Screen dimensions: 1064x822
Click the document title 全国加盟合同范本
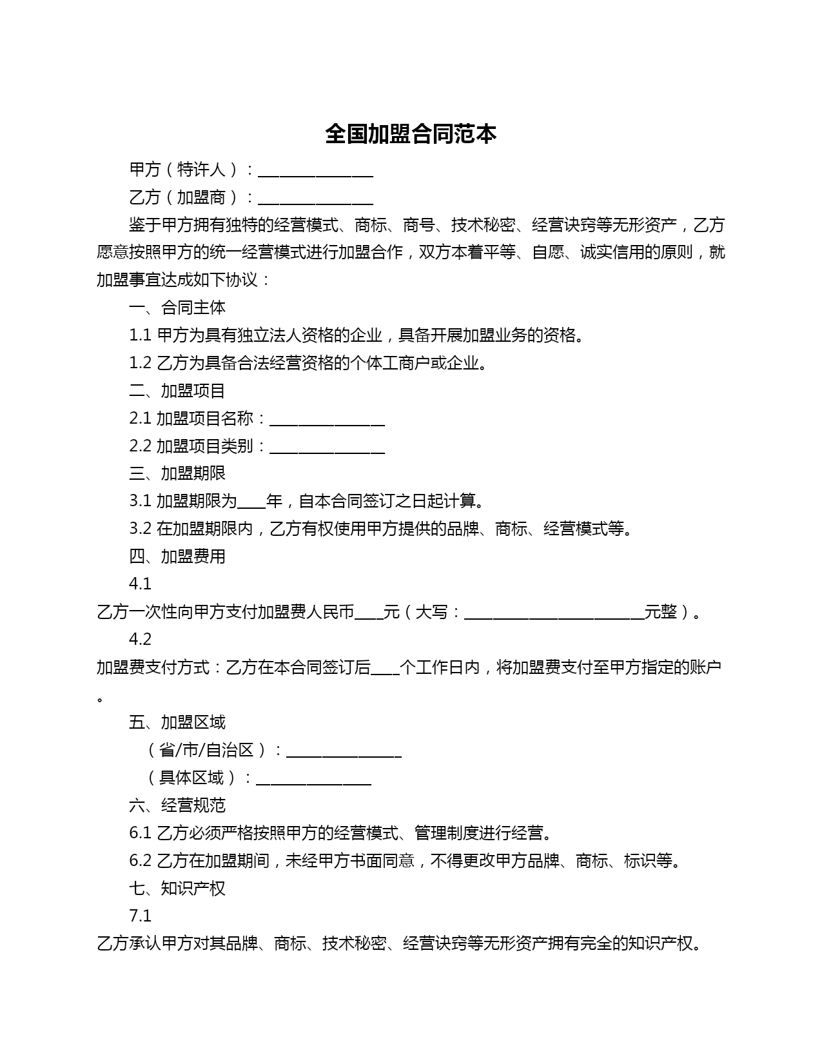coord(411,134)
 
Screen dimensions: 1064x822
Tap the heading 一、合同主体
coord(177,308)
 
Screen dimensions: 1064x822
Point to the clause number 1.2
coord(140,363)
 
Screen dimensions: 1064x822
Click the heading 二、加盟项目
coord(177,391)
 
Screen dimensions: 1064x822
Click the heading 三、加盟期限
coord(177,473)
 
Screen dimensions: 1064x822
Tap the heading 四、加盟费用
coord(177,557)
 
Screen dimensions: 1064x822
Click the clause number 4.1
coord(140,584)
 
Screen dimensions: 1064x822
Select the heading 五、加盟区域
coord(177,722)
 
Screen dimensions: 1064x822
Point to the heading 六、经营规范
coord(177,805)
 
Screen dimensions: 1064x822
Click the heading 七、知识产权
coord(177,889)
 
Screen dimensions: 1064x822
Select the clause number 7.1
coord(140,916)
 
